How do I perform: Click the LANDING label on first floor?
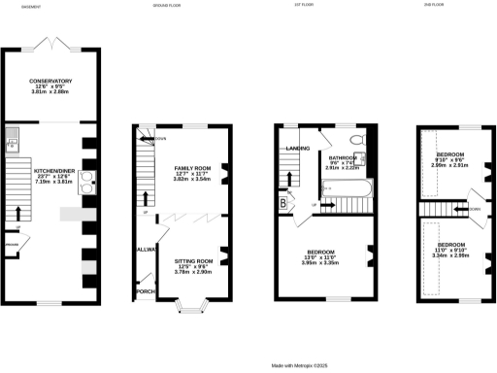(x=297, y=149)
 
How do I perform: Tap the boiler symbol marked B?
(x=283, y=203)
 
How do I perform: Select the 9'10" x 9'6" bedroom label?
(x=448, y=155)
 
